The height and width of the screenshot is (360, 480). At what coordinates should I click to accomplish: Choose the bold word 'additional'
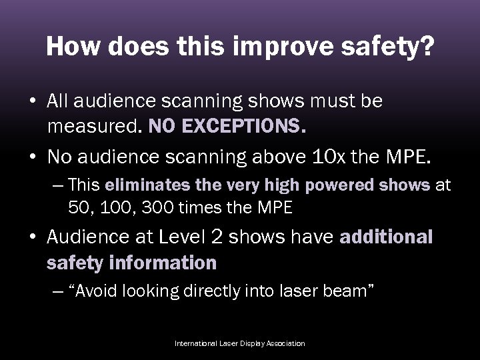[x=386, y=237]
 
